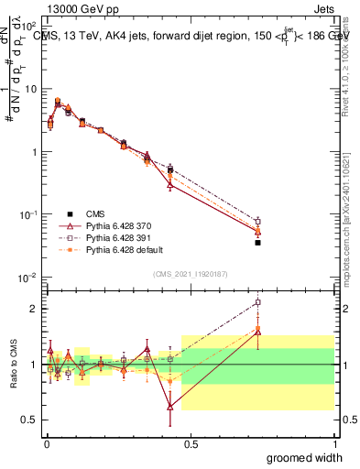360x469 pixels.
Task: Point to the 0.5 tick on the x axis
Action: tap(191, 443)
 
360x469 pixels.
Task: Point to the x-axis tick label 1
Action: tap(334, 443)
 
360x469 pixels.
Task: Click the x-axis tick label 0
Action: tap(47, 443)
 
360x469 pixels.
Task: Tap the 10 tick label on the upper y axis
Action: tap(31, 89)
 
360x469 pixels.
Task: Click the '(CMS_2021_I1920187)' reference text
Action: tap(190, 272)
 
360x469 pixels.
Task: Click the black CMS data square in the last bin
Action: tap(258, 243)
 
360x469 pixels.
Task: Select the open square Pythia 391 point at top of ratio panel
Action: tap(258, 302)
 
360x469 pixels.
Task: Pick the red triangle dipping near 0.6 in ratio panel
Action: tap(169, 407)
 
